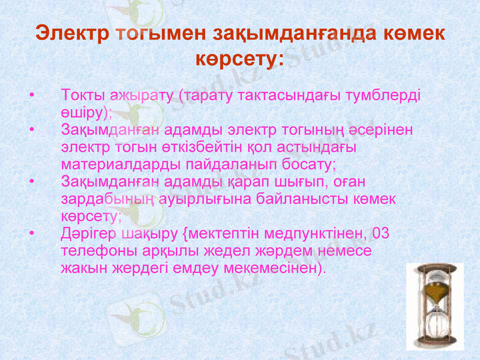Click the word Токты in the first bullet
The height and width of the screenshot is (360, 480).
[x=82, y=96]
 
